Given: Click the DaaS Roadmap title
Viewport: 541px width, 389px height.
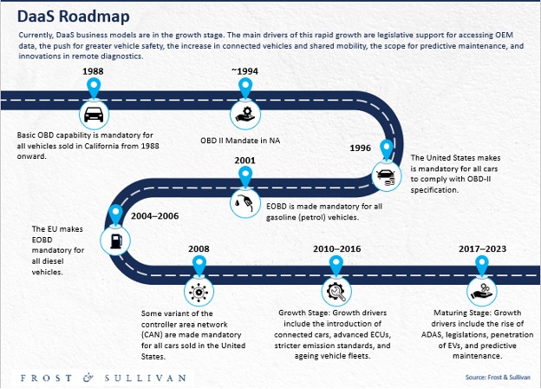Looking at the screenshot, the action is (x=74, y=16).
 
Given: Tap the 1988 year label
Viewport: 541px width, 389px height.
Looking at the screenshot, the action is (x=93, y=71).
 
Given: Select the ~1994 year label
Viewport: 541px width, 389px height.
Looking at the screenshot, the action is (x=244, y=71).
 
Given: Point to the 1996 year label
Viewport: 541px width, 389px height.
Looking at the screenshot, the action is (x=360, y=148).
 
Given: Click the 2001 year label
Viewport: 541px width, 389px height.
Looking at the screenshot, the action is (x=245, y=161).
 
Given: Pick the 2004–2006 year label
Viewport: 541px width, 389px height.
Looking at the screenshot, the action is (x=155, y=216).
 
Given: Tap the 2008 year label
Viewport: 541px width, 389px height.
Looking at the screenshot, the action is (x=199, y=248).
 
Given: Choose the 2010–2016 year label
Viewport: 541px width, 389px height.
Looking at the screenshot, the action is (x=337, y=248).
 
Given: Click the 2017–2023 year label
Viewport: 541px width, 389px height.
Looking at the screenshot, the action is (x=482, y=248).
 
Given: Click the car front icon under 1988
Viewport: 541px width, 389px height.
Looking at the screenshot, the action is (x=94, y=115).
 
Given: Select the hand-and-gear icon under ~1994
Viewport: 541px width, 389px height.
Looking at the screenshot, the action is (x=245, y=115).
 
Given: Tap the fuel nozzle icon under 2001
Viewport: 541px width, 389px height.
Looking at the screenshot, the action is (x=245, y=203).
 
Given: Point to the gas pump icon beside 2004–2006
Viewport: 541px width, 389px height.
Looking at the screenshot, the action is (x=115, y=241).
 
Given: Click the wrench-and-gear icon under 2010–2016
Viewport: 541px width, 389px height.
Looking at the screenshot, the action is (x=336, y=292).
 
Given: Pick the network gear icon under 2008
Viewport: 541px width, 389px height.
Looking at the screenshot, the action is (x=199, y=292).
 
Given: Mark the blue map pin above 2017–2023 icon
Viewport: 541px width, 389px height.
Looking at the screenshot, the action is (x=482, y=266).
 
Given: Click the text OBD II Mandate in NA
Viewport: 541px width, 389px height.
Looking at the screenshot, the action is (x=240, y=141).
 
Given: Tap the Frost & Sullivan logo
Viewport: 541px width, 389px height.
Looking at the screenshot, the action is (x=103, y=378).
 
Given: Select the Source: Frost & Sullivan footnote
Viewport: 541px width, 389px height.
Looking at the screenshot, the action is (x=498, y=377).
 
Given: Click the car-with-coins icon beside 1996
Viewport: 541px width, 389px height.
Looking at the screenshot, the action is (x=387, y=176).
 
